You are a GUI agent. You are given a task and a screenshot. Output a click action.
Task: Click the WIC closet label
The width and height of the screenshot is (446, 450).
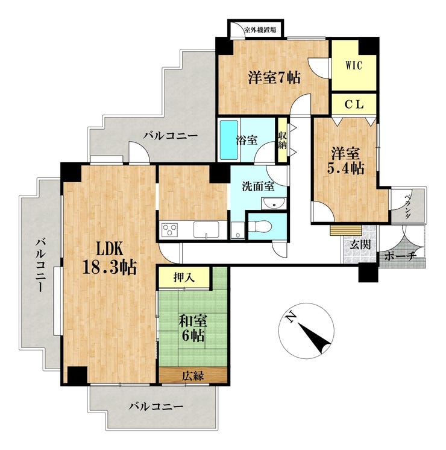354,66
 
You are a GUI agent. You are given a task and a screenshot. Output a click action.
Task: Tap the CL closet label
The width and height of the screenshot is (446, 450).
354,104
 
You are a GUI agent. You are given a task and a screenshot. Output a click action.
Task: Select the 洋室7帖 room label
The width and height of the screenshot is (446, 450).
274,77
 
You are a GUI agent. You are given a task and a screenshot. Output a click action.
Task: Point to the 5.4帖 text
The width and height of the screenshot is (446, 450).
345,168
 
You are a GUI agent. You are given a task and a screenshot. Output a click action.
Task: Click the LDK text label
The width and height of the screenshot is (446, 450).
110,249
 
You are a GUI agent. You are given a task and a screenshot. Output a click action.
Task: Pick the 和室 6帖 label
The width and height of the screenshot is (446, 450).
192,328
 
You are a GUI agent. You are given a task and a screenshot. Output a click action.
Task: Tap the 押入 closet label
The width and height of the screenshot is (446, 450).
184,277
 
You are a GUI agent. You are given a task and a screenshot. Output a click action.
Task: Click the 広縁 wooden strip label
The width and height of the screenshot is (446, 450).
193,375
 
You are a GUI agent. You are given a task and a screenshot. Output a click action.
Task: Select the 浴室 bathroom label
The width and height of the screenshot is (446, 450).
247,141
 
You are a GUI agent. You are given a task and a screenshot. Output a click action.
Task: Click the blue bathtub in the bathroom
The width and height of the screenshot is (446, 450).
229,140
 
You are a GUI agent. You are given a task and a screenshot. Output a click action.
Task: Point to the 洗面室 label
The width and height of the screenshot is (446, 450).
258,186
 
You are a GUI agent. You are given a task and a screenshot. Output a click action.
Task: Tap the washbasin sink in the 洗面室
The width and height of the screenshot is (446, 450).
274,203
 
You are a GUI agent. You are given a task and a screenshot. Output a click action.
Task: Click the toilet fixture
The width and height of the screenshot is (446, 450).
260,226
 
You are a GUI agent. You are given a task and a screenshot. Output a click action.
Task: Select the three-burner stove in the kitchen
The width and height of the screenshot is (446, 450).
169,230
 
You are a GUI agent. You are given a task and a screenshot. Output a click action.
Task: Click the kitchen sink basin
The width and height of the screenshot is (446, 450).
206,229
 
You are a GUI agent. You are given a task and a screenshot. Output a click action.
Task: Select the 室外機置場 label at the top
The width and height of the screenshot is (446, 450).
260,30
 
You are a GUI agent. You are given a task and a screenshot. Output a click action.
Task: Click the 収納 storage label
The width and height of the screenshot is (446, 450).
283,140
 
